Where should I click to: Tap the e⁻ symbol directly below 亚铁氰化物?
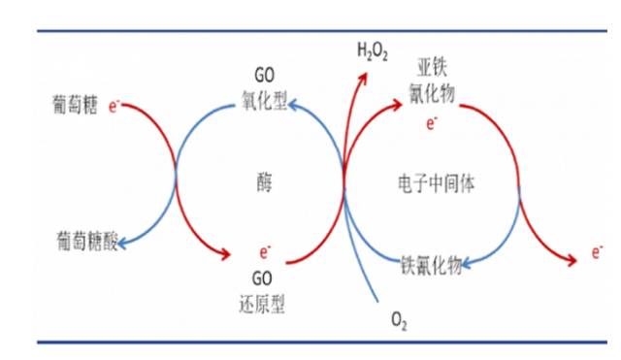pos(431,121)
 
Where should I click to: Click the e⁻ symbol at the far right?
pos(598,254)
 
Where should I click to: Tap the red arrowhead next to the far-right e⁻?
pos(572,256)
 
